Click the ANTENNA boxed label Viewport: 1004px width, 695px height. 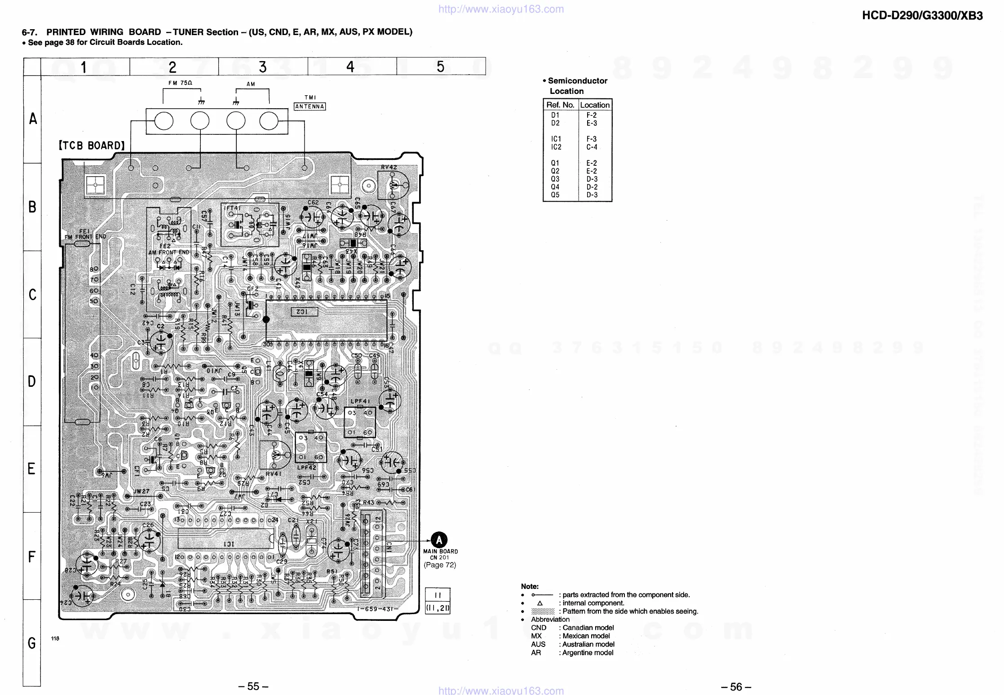[x=310, y=106]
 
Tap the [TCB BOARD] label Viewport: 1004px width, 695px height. [x=92, y=146]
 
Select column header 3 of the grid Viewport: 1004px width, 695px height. [x=263, y=67]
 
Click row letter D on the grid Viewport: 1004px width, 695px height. [x=32, y=381]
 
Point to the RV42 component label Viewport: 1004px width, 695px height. [x=389, y=167]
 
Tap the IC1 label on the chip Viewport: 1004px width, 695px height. [x=229, y=544]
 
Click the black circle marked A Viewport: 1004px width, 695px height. [x=439, y=540]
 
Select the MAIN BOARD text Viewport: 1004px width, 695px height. [x=440, y=551]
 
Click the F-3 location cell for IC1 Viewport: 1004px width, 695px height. [x=592, y=139]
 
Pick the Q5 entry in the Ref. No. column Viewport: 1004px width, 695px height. [x=555, y=195]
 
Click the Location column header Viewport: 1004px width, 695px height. [x=595, y=105]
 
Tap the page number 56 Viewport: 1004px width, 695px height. [x=736, y=687]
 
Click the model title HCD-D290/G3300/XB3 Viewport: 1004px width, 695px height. [x=922, y=16]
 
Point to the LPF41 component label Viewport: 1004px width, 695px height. [x=360, y=401]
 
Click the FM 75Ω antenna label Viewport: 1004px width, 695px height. [x=180, y=83]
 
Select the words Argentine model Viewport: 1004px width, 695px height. [x=588, y=653]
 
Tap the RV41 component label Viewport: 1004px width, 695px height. [x=273, y=474]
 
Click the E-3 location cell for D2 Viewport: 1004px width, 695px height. [x=592, y=123]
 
